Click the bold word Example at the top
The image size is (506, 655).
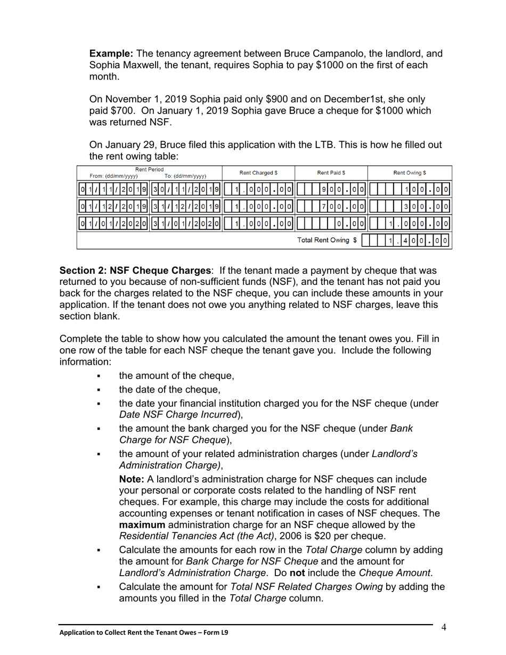coord(111,54)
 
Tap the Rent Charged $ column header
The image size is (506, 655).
coord(258,173)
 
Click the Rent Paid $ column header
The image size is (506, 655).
coord(331,173)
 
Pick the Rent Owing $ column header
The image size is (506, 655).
coord(409,173)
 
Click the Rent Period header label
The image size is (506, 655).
coord(150,169)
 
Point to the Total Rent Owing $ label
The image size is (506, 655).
coord(327,240)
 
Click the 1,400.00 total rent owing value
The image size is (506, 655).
coord(419,241)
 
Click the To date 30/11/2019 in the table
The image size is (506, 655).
coord(186,189)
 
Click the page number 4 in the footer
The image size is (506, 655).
coord(443,627)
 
